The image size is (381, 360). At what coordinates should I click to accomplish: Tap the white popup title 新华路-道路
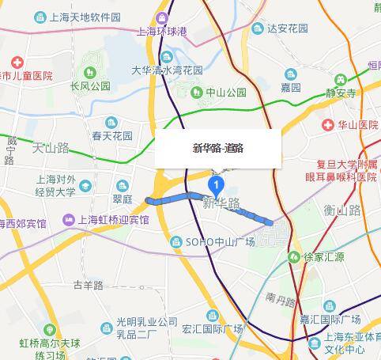(217, 148)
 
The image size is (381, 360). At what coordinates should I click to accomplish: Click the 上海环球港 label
(161, 32)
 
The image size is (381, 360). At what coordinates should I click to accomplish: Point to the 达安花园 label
(285, 28)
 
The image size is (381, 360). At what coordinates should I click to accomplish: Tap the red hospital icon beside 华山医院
(327, 125)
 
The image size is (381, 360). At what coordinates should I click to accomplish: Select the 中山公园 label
(226, 92)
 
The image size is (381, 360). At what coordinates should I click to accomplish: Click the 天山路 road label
(51, 148)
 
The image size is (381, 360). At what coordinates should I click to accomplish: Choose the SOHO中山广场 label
(220, 241)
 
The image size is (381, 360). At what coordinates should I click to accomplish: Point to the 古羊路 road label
(88, 284)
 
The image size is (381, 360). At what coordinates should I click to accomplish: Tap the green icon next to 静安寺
(341, 79)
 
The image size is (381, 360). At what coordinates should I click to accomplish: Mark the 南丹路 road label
(280, 299)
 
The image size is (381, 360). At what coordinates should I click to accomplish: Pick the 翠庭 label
(122, 201)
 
